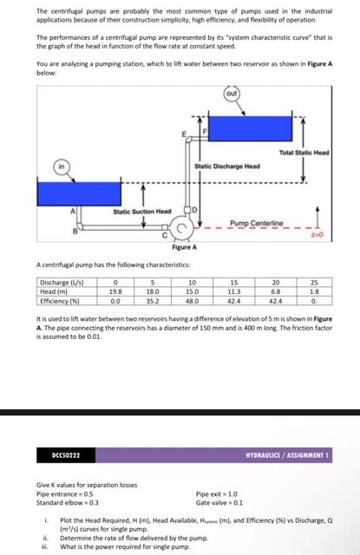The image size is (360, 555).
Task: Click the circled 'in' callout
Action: pos(62,166)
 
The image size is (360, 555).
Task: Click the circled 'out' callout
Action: pos(232,94)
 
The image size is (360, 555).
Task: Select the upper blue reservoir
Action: pos(251,128)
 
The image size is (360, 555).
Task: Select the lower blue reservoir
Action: pos(79,193)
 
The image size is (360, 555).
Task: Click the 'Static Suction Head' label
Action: pos(142,212)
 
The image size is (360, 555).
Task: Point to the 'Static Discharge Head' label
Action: pos(227,166)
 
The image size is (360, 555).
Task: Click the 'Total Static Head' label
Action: pos(304,153)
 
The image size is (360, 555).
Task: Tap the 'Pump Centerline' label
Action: pos(257,223)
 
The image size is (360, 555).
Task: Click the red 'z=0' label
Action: pos(317,234)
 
